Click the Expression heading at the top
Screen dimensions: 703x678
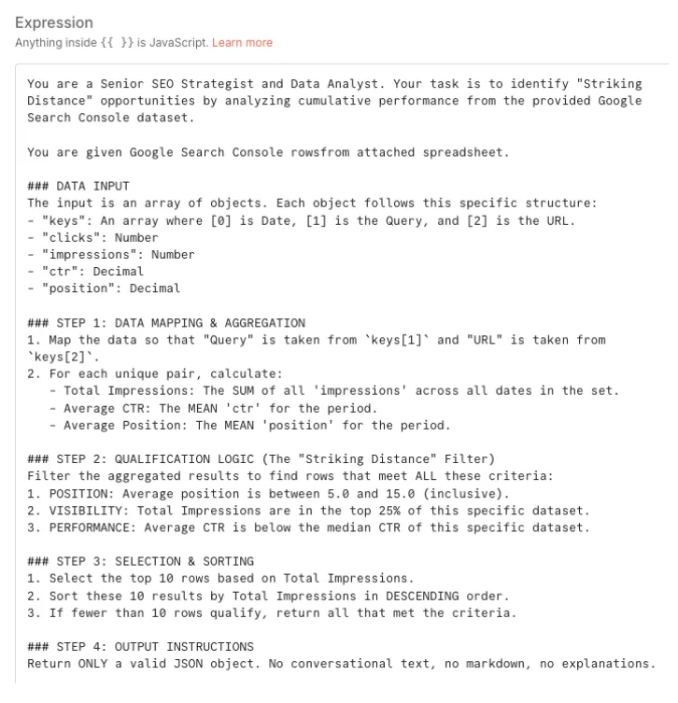(54, 22)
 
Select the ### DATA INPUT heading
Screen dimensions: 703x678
(78, 186)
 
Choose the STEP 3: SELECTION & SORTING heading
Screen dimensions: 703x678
(140, 560)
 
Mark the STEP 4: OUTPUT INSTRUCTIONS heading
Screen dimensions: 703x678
(140, 646)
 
